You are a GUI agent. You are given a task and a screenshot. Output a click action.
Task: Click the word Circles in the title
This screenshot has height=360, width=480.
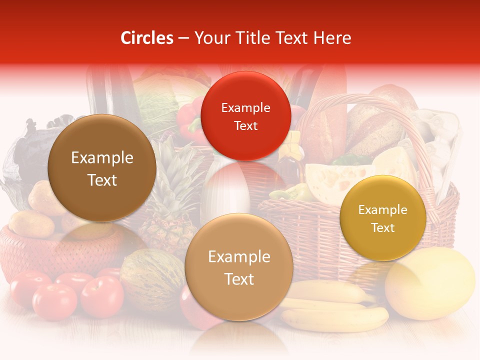tap(146, 38)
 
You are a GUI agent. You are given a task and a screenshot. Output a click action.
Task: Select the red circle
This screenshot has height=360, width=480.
tap(245, 116)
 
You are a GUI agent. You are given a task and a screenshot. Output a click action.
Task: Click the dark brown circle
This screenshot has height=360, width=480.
tap(102, 168)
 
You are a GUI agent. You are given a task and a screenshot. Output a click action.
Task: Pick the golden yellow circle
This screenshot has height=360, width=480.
tap(382, 218)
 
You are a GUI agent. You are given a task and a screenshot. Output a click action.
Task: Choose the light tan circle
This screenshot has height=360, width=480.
tap(238, 267)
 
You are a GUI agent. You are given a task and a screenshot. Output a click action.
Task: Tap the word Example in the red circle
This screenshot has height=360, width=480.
tap(245, 107)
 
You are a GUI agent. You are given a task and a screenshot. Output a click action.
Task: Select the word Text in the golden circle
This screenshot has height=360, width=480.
tap(382, 227)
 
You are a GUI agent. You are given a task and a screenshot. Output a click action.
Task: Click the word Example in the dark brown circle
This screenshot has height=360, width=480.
tap(102, 158)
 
